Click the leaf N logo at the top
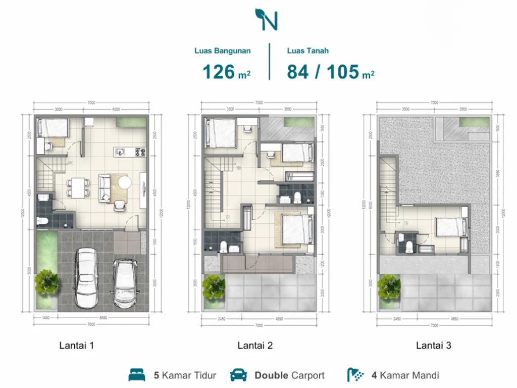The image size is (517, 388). (266, 19)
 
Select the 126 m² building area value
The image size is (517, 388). (227, 72)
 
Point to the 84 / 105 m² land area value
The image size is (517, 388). (331, 72)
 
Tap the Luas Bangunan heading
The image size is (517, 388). (223, 51)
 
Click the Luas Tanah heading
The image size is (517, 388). (308, 51)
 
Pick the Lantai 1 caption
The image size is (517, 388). (77, 346)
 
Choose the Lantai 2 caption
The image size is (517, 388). (255, 346)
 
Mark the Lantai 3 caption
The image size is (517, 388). (434, 346)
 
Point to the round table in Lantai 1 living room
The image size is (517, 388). (125, 182)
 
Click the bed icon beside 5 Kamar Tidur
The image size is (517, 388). (137, 375)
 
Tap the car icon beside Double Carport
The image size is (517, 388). (238, 375)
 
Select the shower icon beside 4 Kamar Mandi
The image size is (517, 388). (355, 375)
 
